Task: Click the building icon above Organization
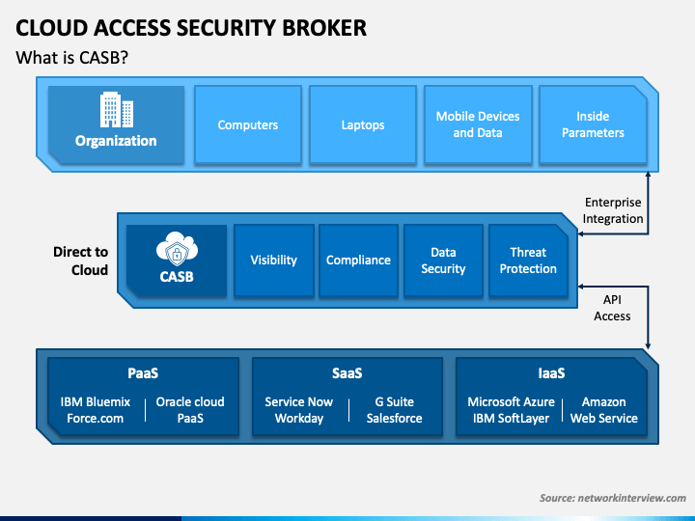click(x=117, y=109)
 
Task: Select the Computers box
click(x=248, y=124)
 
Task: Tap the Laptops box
click(x=363, y=124)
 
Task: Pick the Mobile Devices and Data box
click(x=478, y=124)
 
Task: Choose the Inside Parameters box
click(x=593, y=124)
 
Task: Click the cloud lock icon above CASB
click(x=177, y=249)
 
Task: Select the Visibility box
click(x=274, y=260)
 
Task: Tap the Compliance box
click(x=358, y=260)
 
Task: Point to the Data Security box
click(x=443, y=260)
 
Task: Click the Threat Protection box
click(x=528, y=260)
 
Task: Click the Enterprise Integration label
click(x=613, y=210)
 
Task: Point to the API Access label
click(x=612, y=308)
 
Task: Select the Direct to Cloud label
click(x=81, y=260)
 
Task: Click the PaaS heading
click(x=143, y=373)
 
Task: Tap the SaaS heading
click(x=347, y=373)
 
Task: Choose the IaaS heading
click(x=551, y=373)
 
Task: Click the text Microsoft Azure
click(x=511, y=401)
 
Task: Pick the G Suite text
click(x=395, y=401)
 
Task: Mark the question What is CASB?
click(x=71, y=58)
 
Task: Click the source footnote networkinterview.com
click(x=613, y=498)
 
